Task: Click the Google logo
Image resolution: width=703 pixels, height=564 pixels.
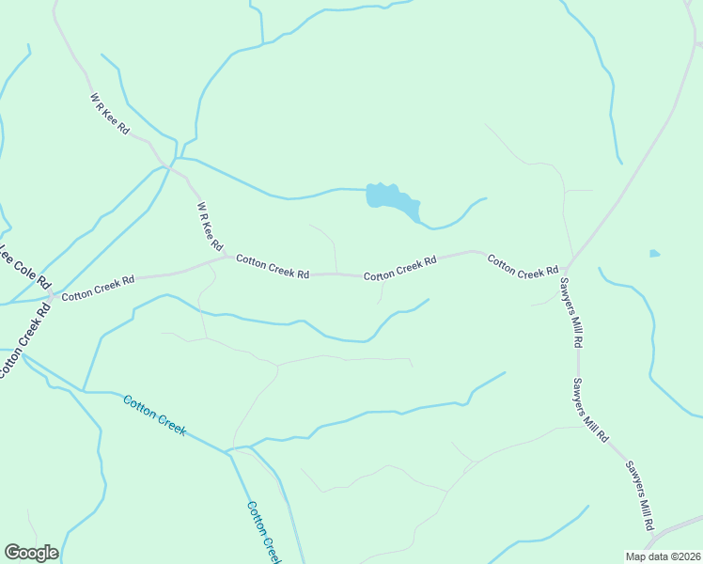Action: coord(31,553)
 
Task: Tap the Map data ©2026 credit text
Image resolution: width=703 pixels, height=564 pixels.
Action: coord(664,556)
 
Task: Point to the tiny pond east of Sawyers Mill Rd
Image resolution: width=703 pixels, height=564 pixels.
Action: coord(654,253)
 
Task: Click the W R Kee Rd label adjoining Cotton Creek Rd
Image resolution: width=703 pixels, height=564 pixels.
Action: coord(210,227)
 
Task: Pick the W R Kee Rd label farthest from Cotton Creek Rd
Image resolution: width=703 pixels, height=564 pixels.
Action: coord(110,113)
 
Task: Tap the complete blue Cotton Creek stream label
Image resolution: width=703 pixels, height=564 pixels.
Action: coord(154,415)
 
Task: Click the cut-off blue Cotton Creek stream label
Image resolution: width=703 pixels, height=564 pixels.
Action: coord(264,532)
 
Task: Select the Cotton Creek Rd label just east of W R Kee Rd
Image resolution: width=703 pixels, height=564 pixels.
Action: coord(273,266)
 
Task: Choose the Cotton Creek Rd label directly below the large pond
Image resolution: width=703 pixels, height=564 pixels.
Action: coord(400,269)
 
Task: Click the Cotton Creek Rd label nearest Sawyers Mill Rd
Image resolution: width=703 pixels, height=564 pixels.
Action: coord(523,266)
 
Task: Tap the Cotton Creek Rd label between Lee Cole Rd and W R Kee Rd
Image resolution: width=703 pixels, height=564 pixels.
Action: coord(99,288)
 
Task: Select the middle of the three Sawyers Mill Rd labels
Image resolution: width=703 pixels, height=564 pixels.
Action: coord(591,411)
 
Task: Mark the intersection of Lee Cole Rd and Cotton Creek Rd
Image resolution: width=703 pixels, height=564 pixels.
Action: coord(52,296)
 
